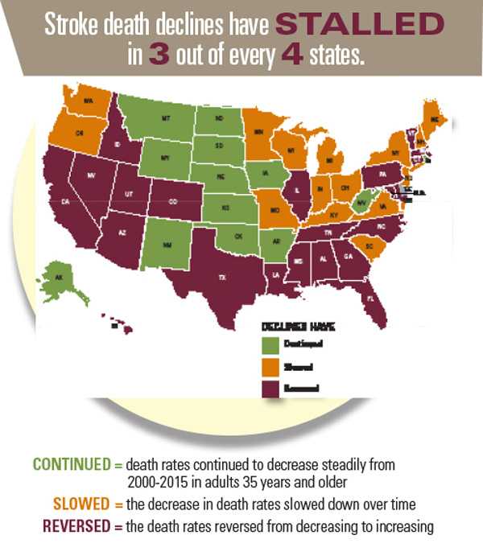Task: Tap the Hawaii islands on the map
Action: click(x=119, y=323)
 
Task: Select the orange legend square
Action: click(x=269, y=367)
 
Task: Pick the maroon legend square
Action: click(x=269, y=388)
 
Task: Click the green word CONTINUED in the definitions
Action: click(x=71, y=465)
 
